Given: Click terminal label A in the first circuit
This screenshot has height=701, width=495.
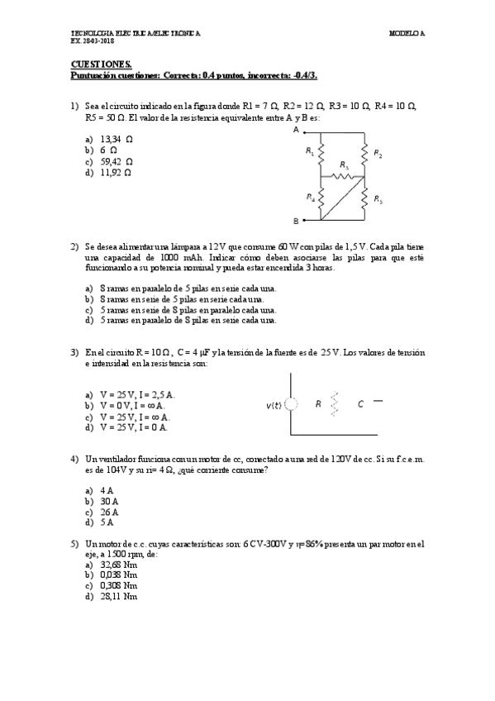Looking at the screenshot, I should [x=295, y=130].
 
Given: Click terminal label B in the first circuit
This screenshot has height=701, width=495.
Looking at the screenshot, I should [x=295, y=221].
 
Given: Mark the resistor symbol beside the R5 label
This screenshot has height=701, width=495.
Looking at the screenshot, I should [x=364, y=198].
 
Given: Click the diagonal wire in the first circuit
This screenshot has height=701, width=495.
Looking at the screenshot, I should [x=342, y=198].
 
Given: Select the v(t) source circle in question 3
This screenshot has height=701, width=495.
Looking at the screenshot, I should [x=291, y=405].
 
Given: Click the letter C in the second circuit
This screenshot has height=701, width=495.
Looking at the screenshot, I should [x=360, y=405].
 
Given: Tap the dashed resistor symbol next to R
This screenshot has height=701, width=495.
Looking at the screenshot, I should [x=335, y=404].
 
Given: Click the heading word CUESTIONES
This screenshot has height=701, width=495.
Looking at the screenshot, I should [x=95, y=64].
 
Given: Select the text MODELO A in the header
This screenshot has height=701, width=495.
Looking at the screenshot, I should [x=407, y=33].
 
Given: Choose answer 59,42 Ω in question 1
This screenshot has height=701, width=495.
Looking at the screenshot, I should [x=116, y=162].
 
